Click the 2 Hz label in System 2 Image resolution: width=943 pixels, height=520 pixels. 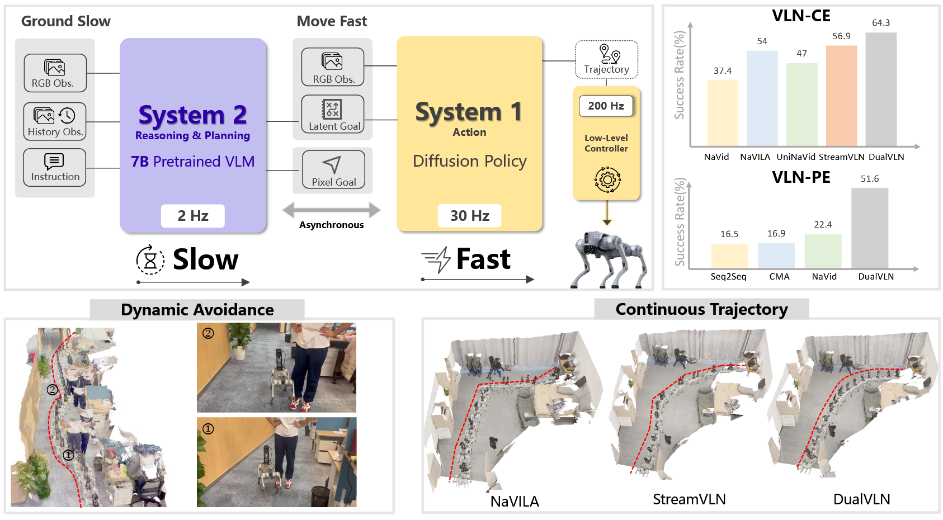click(193, 216)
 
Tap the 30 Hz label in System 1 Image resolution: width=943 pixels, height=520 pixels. click(470, 216)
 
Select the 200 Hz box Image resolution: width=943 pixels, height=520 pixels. click(606, 106)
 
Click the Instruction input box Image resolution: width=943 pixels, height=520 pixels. click(55, 167)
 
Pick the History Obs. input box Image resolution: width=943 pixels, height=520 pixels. click(55, 121)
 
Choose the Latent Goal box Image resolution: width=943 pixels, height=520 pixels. click(333, 114)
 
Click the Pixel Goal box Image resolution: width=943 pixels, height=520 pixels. click(333, 169)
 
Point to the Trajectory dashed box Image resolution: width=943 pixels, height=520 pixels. click(607, 59)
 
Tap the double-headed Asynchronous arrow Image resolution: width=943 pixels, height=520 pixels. click(332, 210)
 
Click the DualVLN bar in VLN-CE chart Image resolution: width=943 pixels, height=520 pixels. click(881, 89)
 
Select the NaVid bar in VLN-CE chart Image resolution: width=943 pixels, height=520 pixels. click(722, 113)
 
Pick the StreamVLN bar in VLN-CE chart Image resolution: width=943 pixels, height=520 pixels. click(841, 96)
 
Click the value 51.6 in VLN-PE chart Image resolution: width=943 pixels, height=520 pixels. click(870, 179)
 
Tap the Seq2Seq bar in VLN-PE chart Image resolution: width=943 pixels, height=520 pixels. click(729, 256)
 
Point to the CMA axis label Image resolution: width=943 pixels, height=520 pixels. click(779, 277)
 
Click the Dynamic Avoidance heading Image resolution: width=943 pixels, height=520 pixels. click(197, 310)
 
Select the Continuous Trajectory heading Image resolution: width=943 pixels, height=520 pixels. click(701, 309)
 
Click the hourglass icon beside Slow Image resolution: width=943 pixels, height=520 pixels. click(150, 260)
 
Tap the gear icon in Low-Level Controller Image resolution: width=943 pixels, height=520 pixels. click(607, 179)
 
